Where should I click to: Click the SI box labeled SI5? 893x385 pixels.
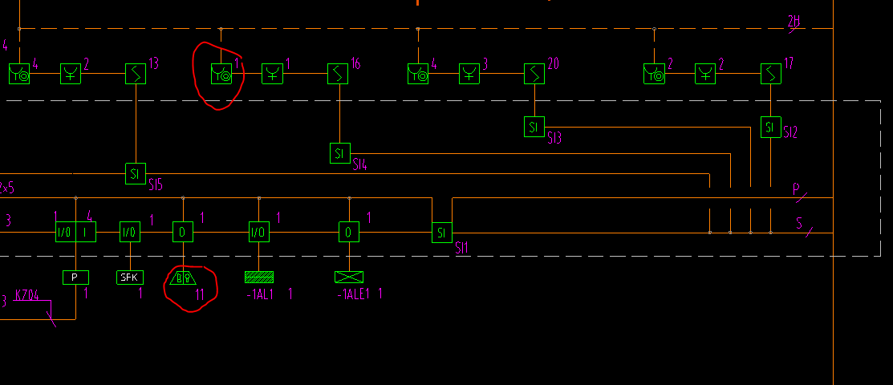point(136,172)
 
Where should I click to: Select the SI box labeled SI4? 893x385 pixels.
point(340,152)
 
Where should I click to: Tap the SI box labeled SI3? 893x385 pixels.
point(534,127)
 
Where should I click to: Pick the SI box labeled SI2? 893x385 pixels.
point(770,127)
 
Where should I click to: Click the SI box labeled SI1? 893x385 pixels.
point(442,233)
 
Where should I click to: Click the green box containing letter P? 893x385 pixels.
point(75,278)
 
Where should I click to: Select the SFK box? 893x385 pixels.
point(130,278)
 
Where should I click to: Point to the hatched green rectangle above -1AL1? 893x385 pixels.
point(258,277)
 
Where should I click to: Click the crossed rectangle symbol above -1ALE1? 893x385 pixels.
point(349,277)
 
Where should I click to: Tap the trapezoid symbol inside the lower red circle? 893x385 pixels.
point(184,278)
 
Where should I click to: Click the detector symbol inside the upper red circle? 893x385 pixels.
point(221,75)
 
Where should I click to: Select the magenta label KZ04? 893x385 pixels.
point(26,295)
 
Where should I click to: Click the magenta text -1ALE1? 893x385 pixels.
point(354,294)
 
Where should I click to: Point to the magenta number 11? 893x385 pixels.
point(200,294)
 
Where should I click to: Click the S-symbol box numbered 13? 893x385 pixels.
point(136,75)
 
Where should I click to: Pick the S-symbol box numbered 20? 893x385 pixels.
point(534,75)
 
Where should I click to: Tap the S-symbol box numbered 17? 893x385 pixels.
point(770,75)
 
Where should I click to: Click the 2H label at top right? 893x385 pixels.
point(794,22)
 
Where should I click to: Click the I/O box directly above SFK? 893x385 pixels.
point(130,233)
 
